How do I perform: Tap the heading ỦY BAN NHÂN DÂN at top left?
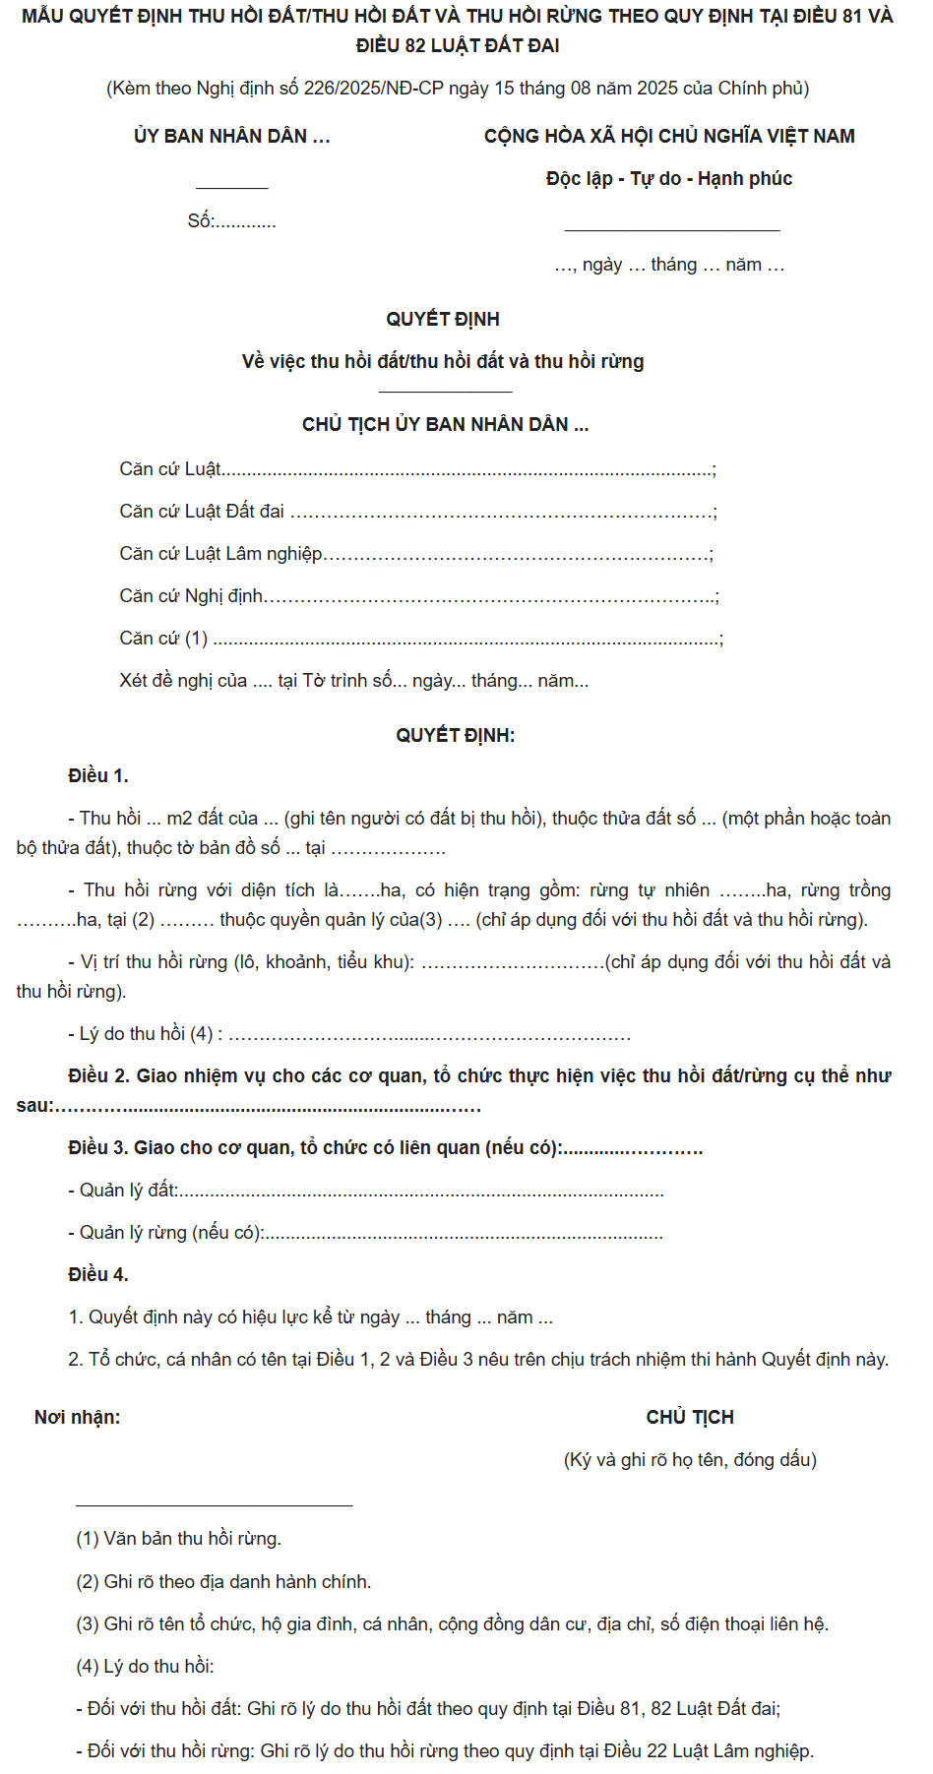coord(231,137)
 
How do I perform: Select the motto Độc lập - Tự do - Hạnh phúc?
coord(669,179)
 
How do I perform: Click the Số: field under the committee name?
coord(232,221)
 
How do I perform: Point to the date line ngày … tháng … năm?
coord(669,265)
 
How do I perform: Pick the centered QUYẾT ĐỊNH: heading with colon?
coord(455,736)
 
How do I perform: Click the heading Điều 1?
coord(98,776)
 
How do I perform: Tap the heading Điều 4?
coord(98,1275)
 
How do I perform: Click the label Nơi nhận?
coord(78,1418)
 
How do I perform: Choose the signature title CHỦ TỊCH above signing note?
coord(690,1418)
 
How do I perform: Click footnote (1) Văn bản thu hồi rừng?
coord(178,1539)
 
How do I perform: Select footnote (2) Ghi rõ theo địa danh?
coord(223,1582)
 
